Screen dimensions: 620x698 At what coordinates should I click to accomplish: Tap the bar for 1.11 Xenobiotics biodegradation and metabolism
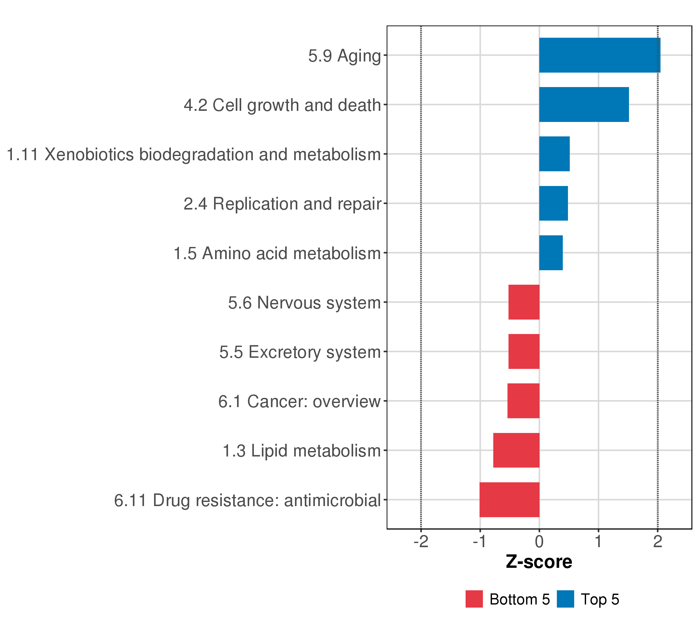(554, 154)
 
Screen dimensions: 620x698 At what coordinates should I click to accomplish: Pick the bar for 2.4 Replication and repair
(553, 203)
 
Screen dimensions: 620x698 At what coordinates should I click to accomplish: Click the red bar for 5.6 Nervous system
(524, 302)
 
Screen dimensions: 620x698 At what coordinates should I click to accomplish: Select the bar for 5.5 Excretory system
(524, 351)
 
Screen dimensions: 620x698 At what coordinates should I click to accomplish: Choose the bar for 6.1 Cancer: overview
(523, 401)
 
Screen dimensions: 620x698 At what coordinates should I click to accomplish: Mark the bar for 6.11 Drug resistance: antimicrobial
(509, 500)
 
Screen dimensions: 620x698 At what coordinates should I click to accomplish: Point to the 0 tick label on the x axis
(539, 542)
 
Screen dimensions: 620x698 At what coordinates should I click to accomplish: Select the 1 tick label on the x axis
(598, 542)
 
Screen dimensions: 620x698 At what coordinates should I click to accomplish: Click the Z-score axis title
(539, 562)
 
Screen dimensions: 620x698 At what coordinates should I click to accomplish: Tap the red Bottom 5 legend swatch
(474, 599)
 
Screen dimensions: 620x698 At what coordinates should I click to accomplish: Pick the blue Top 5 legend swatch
(565, 599)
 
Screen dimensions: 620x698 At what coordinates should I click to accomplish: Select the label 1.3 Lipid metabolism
(301, 451)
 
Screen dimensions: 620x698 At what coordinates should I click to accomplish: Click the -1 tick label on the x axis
(480, 542)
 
